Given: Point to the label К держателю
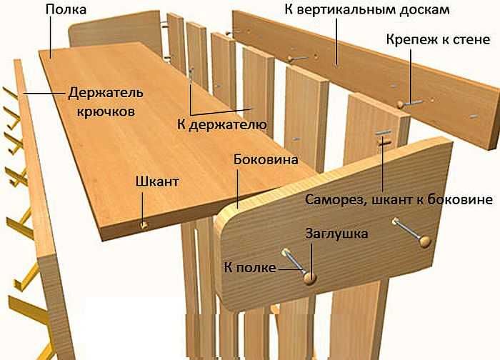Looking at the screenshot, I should (x=221, y=125).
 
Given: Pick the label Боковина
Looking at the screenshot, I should (x=265, y=159).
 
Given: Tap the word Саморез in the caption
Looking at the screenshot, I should (x=336, y=198).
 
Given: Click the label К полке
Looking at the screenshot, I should (x=246, y=266).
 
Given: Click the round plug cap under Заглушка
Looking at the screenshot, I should (x=310, y=278).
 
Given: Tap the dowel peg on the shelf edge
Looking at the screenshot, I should (x=144, y=226).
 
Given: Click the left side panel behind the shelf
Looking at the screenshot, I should (x=114, y=32).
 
